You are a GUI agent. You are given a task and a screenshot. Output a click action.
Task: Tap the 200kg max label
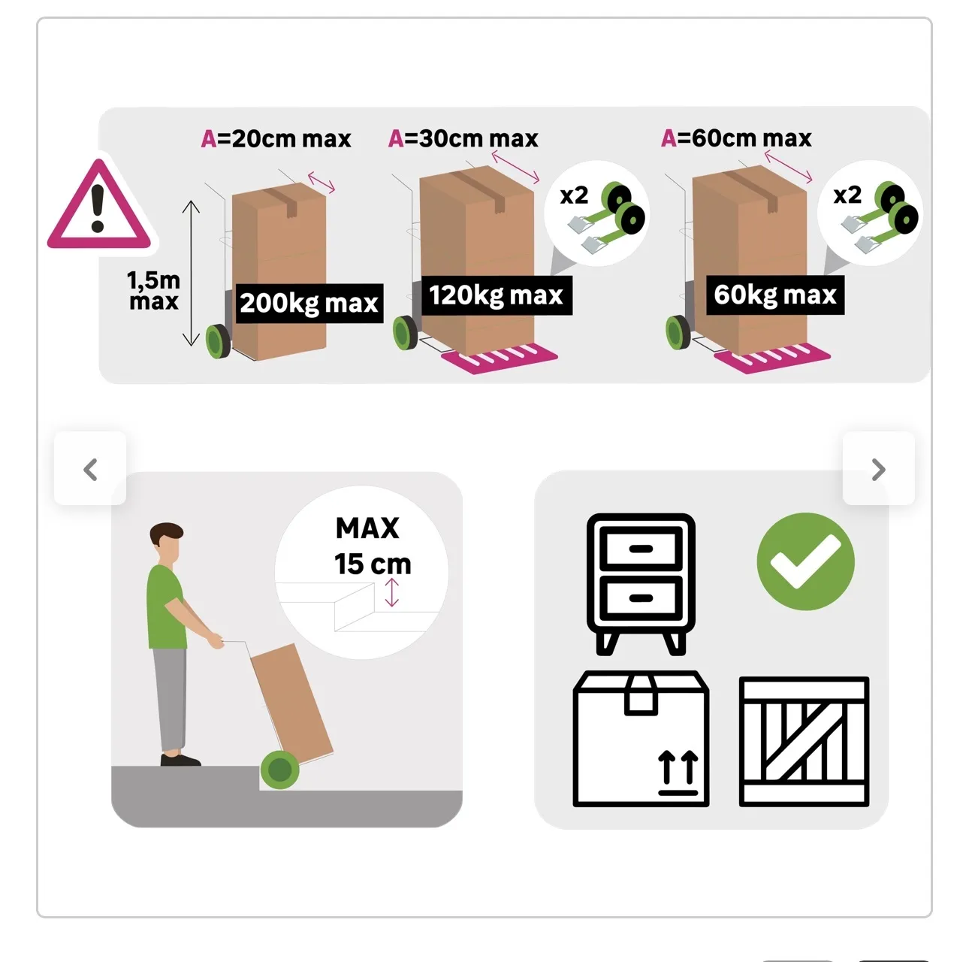tap(309, 304)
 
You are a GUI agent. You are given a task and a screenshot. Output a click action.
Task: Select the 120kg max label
tap(497, 295)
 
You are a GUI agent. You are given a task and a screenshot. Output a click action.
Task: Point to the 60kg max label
tap(775, 295)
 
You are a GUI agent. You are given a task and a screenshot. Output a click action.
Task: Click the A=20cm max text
tap(276, 139)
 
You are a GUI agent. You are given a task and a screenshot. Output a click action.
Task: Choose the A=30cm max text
tap(463, 138)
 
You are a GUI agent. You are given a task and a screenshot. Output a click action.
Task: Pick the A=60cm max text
tap(736, 138)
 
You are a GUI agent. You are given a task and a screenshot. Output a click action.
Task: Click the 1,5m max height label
tap(153, 291)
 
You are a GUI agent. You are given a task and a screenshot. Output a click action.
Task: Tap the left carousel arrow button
tap(90, 468)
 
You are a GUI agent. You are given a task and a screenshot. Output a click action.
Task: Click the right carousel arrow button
tap(879, 468)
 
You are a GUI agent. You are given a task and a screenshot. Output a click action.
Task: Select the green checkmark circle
tap(805, 561)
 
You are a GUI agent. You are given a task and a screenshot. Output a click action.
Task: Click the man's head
tap(167, 543)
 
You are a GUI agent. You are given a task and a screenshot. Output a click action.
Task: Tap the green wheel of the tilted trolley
tap(279, 770)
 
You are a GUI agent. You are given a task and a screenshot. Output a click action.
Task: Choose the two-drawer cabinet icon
tap(641, 584)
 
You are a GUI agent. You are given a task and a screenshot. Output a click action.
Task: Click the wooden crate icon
tap(804, 742)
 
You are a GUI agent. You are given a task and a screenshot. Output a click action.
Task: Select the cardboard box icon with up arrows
tap(641, 739)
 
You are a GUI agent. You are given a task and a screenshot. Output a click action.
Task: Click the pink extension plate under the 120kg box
tap(500, 358)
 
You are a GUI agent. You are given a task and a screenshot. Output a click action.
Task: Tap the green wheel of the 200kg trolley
tap(219, 342)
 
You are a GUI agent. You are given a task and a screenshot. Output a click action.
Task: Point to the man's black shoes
tap(180, 760)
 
